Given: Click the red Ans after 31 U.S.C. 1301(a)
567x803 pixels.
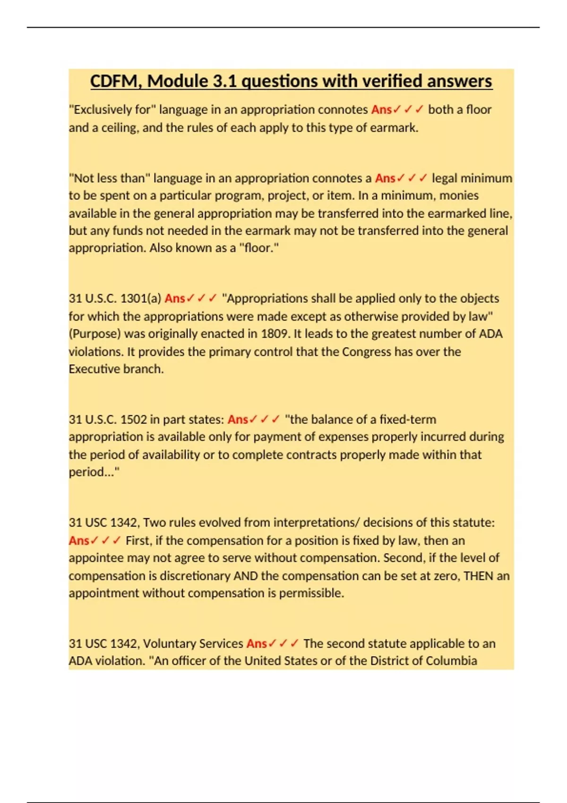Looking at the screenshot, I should pyautogui.click(x=175, y=299).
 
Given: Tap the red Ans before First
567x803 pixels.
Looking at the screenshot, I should pyautogui.click(x=79, y=540).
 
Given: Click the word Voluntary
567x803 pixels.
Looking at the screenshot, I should pyautogui.click(x=169, y=644).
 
